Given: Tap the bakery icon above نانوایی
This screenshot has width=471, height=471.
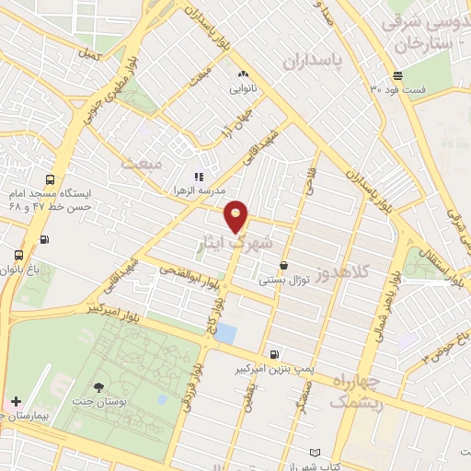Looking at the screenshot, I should point(243,75).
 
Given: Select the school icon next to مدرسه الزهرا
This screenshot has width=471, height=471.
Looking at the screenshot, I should point(197,176).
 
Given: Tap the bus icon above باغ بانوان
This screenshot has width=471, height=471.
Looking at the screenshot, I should point(19,255).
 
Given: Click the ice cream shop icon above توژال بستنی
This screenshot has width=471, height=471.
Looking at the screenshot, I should point(283,265).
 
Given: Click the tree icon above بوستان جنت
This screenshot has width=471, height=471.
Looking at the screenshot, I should point(98,387).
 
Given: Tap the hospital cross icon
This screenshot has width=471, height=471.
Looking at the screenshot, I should point(16,402).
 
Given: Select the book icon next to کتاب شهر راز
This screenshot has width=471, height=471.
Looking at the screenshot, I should point(316,454).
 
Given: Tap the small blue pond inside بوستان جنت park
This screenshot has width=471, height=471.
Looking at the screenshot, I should point(162,400).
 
